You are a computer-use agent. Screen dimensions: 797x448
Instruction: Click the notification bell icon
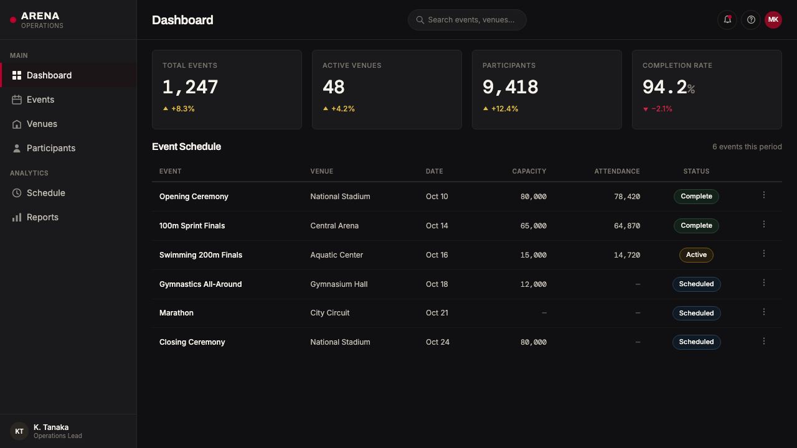point(727,20)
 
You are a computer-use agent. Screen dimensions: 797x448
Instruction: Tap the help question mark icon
point(751,20)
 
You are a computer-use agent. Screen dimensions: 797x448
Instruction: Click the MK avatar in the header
point(773,20)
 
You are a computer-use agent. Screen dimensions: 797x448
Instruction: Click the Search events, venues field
point(467,20)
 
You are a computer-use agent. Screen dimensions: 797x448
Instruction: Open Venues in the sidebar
point(42,124)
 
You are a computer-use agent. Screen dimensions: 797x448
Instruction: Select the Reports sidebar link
point(42,217)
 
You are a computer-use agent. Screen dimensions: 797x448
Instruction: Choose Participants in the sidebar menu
point(51,148)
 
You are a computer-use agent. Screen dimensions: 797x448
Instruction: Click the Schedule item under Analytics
point(46,193)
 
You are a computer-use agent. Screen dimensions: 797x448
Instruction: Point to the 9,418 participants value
point(510,87)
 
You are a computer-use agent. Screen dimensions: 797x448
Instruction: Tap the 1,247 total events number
point(190,87)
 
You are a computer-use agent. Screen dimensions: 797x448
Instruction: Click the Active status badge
point(696,255)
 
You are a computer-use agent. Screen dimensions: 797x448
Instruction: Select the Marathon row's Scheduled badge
point(696,313)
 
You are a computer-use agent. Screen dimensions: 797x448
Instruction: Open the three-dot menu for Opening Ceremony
point(763,195)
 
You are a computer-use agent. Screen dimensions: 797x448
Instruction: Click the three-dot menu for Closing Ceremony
point(763,342)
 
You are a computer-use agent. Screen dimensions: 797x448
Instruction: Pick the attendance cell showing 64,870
point(627,226)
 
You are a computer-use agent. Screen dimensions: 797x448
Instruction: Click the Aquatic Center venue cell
point(337,255)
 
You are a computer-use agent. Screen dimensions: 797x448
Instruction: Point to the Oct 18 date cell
point(437,284)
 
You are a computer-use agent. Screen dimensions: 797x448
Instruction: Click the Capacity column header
point(529,171)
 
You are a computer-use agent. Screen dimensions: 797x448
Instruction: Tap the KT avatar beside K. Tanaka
point(19,431)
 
